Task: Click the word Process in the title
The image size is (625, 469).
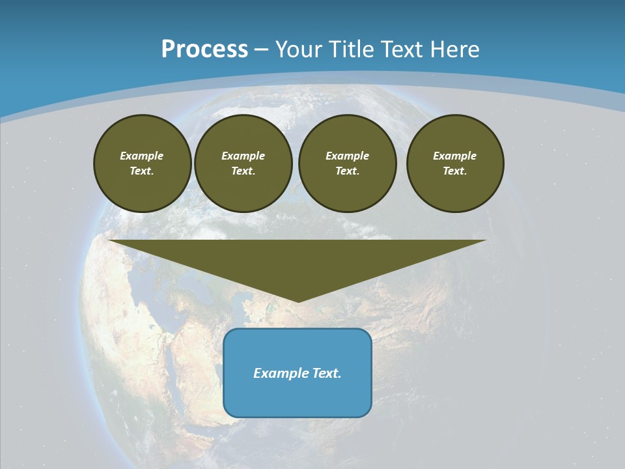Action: [204, 50]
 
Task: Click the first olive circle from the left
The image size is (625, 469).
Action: [143, 163]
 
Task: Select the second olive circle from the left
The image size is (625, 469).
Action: [243, 163]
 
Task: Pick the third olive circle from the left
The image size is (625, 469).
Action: [348, 163]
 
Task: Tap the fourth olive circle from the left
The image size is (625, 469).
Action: [455, 163]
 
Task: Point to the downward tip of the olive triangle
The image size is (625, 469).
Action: [298, 301]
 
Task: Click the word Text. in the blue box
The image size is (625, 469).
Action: [327, 373]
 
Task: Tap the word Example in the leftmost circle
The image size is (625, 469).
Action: [142, 156]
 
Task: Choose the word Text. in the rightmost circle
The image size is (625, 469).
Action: [455, 171]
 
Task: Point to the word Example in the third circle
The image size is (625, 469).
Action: [348, 156]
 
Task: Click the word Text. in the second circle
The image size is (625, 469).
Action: [243, 171]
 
